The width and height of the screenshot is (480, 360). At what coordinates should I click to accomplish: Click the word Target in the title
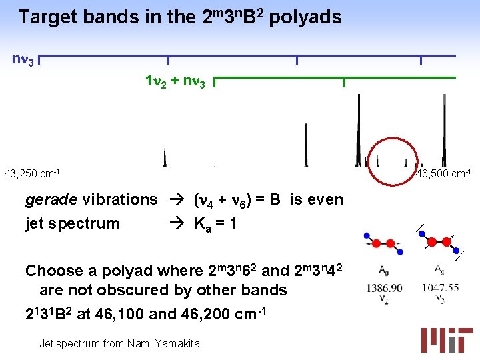[47, 17]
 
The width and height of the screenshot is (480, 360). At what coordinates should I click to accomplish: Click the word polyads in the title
[305, 17]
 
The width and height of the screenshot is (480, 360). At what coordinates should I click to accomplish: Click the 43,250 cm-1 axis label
[32, 174]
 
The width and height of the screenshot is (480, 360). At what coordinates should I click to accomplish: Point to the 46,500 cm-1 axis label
[444, 174]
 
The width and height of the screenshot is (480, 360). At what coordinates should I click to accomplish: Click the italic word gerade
[52, 200]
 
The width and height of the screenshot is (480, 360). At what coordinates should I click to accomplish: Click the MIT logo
[446, 339]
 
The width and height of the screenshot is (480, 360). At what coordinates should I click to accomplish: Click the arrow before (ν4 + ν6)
[179, 200]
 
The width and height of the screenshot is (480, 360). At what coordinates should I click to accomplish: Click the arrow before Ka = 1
[179, 223]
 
